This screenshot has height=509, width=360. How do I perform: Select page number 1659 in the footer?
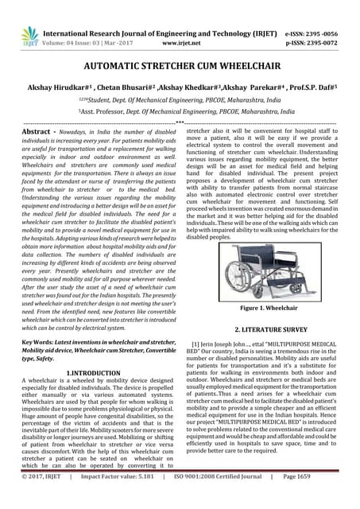point(337,498)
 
